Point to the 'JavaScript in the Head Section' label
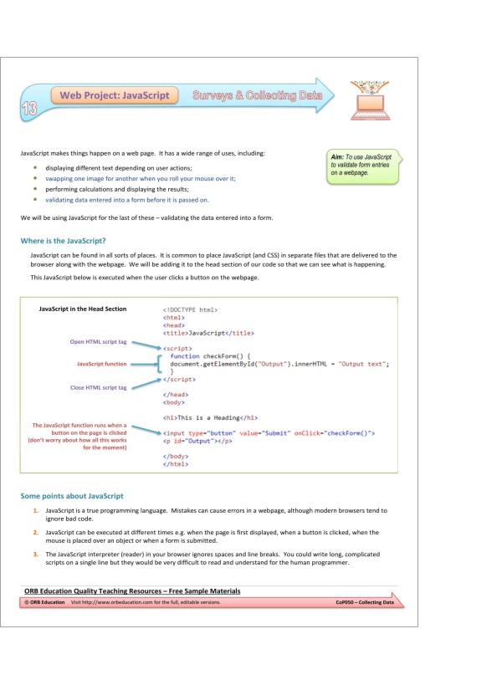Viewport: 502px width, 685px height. pos(83,309)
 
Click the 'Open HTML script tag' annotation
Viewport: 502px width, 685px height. pos(98,341)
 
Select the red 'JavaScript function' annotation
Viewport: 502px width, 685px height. pos(101,364)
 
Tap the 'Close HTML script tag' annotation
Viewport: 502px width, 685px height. pos(98,387)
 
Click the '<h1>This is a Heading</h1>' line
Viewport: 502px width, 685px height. pos(209,417)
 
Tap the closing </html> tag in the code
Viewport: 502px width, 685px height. pos(176,463)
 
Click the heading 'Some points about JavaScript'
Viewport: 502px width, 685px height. pos(72,496)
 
